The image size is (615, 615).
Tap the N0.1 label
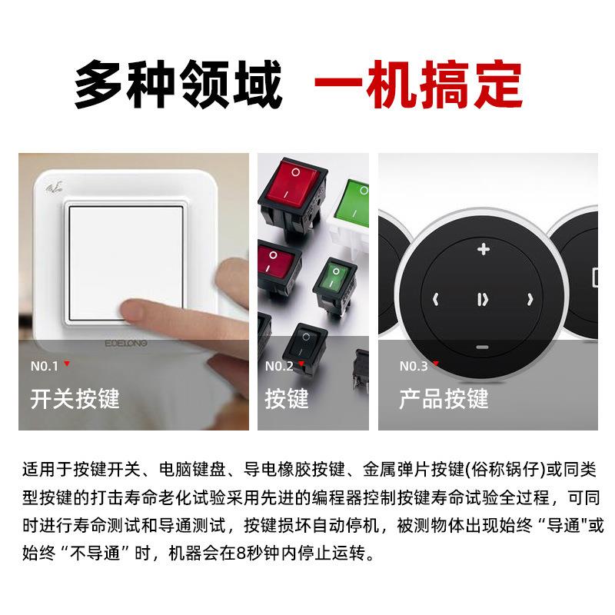[x=45, y=366]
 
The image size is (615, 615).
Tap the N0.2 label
[x=279, y=366]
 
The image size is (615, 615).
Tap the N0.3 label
[x=414, y=366]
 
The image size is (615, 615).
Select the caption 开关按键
[x=75, y=399]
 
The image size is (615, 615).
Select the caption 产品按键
[x=444, y=399]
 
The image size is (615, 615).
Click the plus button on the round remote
[x=483, y=249]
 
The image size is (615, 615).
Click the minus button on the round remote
[x=482, y=347]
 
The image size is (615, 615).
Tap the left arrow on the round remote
[x=435, y=300]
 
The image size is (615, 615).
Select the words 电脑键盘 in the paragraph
[x=188, y=469]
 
